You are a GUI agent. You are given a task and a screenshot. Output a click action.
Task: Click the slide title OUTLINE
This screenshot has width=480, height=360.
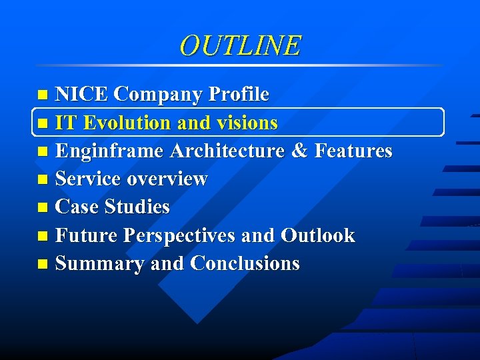point(240,45)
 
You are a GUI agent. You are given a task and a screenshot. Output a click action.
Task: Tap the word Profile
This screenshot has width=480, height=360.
point(239,95)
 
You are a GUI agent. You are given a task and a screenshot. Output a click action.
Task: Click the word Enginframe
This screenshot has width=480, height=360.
point(109,151)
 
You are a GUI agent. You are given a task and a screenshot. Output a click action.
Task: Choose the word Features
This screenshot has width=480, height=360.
point(353,151)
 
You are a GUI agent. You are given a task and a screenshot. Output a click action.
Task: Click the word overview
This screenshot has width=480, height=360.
point(167,179)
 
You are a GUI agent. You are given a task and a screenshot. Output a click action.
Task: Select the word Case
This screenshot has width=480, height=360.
point(77,207)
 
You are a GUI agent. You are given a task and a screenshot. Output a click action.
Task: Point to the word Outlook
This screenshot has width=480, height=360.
point(318,235)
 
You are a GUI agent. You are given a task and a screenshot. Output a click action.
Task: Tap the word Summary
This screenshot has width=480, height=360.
point(100,263)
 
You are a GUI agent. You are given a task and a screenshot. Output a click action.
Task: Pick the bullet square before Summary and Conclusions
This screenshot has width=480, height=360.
point(43,265)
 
